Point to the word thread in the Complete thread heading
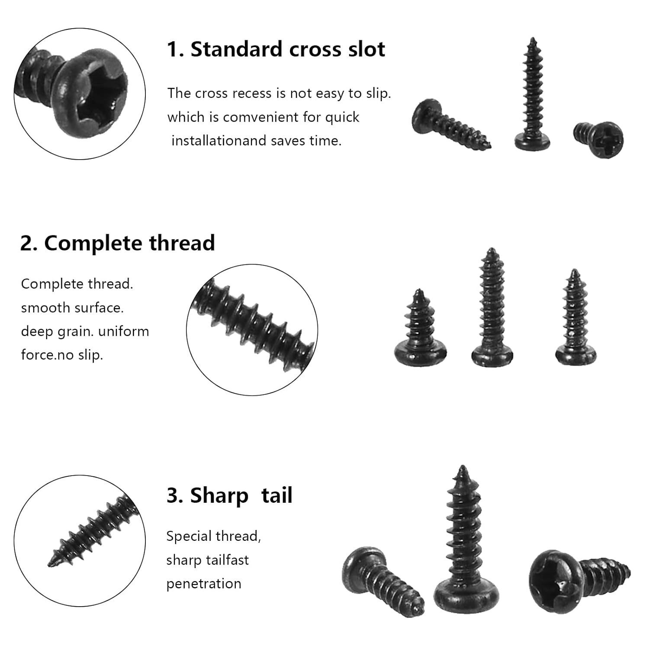(x=182, y=243)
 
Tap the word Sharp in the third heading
(x=219, y=496)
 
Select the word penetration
(x=204, y=584)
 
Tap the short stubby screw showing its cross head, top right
(x=599, y=139)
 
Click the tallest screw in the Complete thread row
(x=492, y=308)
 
